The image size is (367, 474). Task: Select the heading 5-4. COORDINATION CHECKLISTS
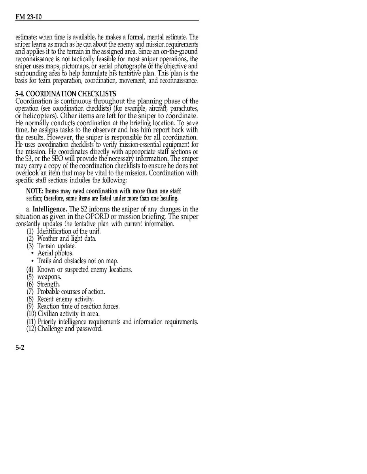(x=66, y=94)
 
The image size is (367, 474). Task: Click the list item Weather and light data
(x=66, y=238)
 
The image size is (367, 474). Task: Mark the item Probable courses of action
(x=71, y=292)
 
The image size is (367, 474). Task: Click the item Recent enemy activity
(x=65, y=299)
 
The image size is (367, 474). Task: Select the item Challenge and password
(x=70, y=329)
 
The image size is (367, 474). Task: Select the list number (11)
(x=31, y=322)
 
